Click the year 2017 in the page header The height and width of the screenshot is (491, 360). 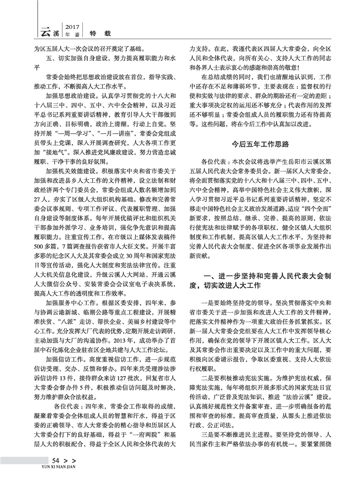[72, 26]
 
